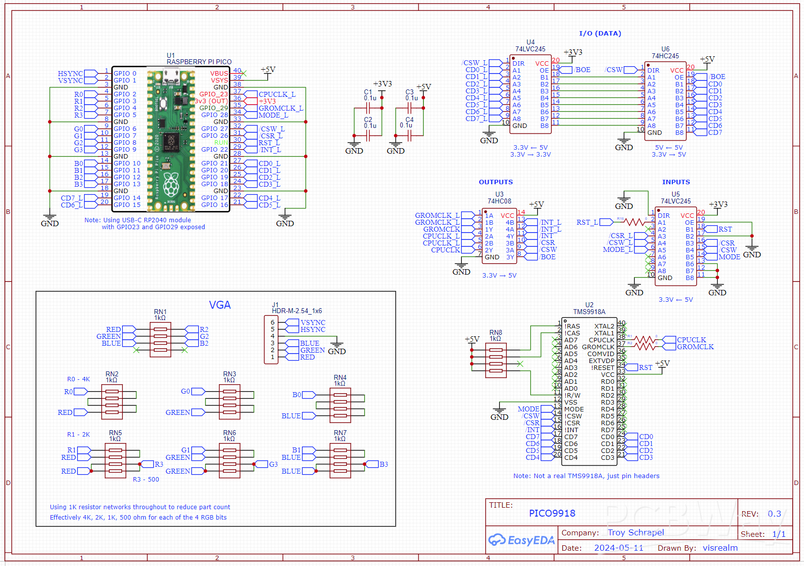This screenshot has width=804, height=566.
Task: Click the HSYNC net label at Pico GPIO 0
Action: click(70, 74)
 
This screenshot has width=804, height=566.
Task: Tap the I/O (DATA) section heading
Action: click(600, 34)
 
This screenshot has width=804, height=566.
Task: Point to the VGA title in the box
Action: click(220, 305)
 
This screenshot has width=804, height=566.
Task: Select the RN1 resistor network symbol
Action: click(160, 339)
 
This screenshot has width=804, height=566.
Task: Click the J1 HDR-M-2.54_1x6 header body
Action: click(271, 340)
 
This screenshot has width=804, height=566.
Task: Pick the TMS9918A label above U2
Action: click(589, 312)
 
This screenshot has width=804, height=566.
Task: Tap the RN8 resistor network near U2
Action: click(496, 360)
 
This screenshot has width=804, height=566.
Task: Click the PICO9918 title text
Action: click(552, 513)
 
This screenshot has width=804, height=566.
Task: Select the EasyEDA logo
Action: click(521, 540)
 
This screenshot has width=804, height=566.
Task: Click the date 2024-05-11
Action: click(619, 548)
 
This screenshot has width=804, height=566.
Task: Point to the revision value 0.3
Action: click(774, 514)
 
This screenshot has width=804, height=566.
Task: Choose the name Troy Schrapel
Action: click(635, 532)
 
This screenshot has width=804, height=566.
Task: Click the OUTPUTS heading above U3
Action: click(496, 182)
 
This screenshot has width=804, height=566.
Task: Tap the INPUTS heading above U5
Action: click(676, 182)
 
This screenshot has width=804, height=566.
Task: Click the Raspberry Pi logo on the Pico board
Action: click(171, 184)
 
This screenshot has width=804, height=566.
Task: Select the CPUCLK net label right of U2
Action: click(691, 340)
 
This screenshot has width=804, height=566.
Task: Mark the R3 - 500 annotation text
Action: click(146, 480)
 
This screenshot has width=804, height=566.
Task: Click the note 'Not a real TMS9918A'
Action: click(586, 476)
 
